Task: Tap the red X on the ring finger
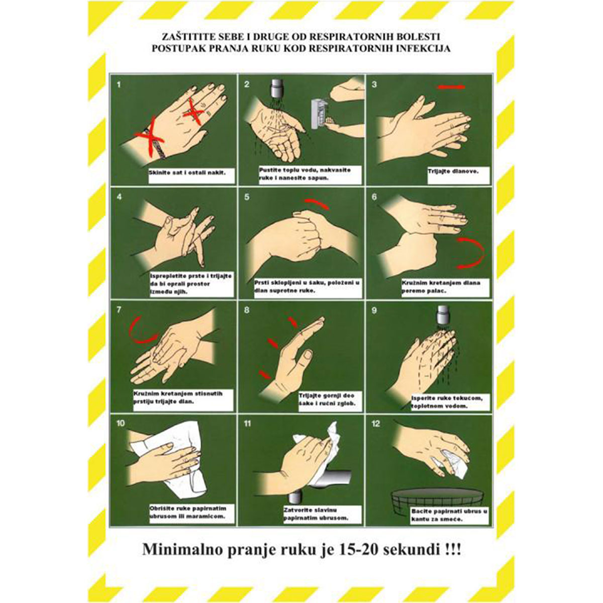coord(193,111)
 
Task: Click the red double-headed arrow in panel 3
coord(451,87)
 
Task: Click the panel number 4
coord(119,196)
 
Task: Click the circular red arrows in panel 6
coord(470,252)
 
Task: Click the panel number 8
coord(246,310)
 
